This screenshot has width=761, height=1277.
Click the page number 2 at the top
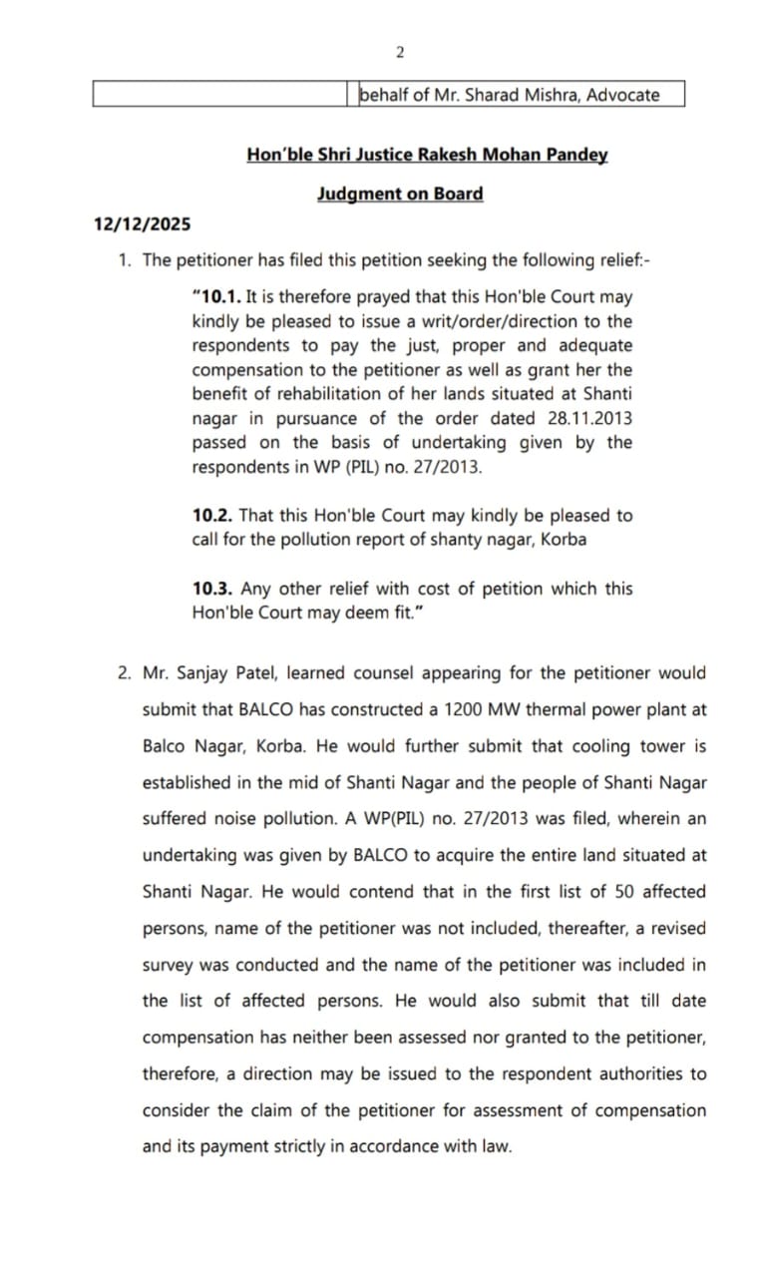399,52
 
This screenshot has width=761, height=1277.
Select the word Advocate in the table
622,95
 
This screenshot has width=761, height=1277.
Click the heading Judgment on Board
400,194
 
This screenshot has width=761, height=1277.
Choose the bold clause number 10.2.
213,516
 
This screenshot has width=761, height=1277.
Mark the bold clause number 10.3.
213,589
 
